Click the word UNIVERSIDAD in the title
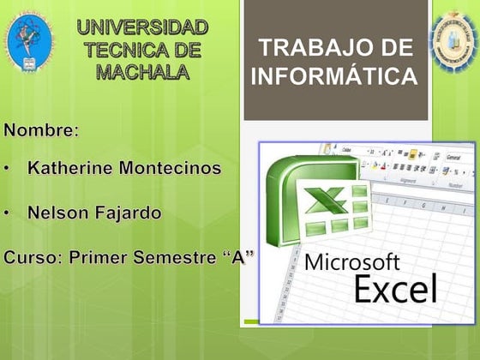(141, 28)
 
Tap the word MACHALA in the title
(142, 72)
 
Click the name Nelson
(57, 212)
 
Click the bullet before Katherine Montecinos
(8, 169)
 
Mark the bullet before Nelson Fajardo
(8, 213)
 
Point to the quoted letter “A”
(237, 257)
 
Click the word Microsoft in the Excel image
(352, 261)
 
